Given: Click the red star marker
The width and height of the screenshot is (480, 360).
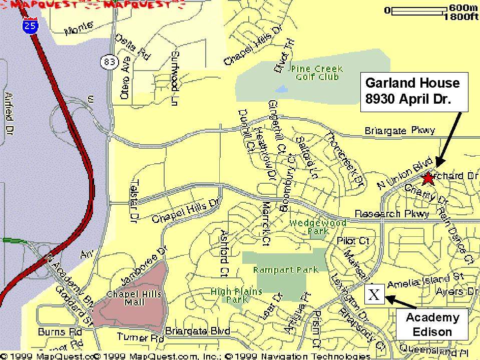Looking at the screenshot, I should click(x=428, y=178).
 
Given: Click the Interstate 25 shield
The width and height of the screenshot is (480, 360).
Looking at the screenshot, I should click(x=30, y=25).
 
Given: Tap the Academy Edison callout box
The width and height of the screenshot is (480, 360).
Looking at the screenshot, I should click(x=432, y=324).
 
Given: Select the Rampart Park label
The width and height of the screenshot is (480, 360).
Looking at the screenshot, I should click(x=285, y=269).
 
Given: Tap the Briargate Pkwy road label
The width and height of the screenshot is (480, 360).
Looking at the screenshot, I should click(x=400, y=131).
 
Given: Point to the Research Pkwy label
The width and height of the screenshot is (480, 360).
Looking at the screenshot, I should click(x=392, y=214).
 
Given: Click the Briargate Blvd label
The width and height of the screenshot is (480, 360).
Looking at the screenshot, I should click(x=197, y=331).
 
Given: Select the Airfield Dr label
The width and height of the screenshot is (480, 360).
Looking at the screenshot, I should click(x=9, y=120).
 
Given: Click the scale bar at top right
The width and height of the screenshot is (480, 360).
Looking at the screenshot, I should click(x=419, y=10).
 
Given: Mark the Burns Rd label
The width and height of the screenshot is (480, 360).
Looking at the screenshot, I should click(x=60, y=332).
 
